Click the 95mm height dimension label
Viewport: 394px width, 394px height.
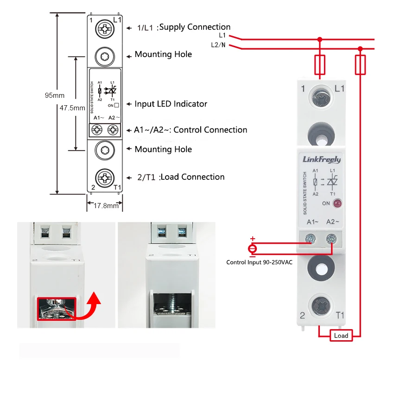54,95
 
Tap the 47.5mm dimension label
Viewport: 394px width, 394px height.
72,108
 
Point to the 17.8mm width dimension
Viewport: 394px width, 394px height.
106,205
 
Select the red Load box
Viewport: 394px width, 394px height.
341,335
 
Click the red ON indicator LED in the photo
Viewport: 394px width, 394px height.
337,203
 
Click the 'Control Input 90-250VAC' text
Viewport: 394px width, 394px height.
259,262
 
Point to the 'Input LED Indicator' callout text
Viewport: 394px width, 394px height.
171,104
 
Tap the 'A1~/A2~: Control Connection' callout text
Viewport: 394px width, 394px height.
191,130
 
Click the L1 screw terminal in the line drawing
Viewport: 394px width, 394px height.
105,30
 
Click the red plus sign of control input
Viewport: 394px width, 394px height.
253,239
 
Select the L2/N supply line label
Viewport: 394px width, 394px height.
218,45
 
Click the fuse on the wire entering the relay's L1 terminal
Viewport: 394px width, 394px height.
319,64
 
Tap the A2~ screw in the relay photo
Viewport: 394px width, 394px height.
331,239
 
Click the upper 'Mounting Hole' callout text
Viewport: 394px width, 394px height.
163,54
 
